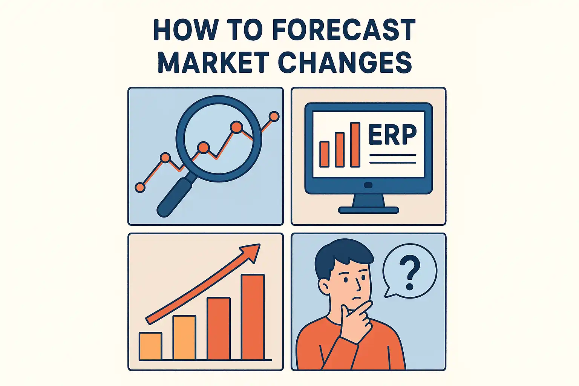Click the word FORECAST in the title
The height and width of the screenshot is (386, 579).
pyautogui.click(x=344, y=30)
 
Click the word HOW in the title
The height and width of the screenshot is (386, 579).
pyautogui.click(x=184, y=30)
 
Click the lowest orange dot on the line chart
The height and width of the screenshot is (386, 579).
pyautogui.click(x=140, y=187)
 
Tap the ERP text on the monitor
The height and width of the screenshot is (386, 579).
pyautogui.click(x=392, y=135)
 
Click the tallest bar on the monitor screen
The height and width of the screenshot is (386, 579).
pyautogui.click(x=355, y=144)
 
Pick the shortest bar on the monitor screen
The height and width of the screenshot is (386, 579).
pyautogui.click(x=324, y=154)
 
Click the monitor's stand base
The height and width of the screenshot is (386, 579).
pyautogui.click(x=368, y=210)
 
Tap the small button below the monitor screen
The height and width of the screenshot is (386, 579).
pyautogui.click(x=368, y=185)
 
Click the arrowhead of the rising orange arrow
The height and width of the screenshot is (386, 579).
pyautogui.click(x=250, y=252)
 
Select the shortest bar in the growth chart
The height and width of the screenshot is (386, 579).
pyautogui.click(x=150, y=346)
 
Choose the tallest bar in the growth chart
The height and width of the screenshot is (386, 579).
pyautogui.click(x=253, y=317)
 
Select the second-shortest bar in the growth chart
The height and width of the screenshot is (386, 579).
pyautogui.click(x=185, y=338)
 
